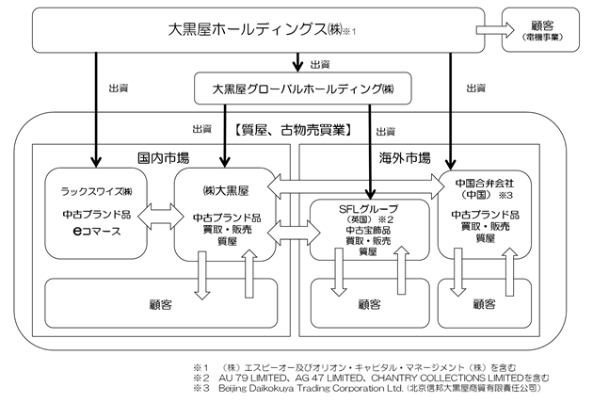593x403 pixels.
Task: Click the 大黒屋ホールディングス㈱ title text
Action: click(255, 29)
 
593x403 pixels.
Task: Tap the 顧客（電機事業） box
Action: click(540, 30)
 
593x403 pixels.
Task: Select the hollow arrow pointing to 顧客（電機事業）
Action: click(495, 29)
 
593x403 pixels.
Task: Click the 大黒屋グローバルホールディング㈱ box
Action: click(302, 89)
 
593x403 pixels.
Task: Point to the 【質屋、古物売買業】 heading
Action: click(293, 130)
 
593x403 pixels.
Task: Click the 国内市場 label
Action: click(164, 157)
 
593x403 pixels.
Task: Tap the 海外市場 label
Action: click(405, 158)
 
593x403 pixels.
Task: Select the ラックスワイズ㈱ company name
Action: click(96, 191)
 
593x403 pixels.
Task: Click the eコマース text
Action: click(97, 231)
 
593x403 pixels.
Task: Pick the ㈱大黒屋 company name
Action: click(226, 191)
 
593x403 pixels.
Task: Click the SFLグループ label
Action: click(368, 209)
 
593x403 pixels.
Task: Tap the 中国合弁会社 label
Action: click(485, 184)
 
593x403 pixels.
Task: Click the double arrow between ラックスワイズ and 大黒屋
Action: click(161, 217)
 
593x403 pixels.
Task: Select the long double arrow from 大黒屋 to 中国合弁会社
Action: click(356, 186)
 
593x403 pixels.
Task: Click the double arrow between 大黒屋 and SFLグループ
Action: click(294, 232)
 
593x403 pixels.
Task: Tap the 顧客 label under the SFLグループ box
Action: click(370, 304)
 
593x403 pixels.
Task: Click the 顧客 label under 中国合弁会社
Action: click(485, 303)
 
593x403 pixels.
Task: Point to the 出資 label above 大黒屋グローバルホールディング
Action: click(320, 65)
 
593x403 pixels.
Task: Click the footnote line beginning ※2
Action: click(371, 378)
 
